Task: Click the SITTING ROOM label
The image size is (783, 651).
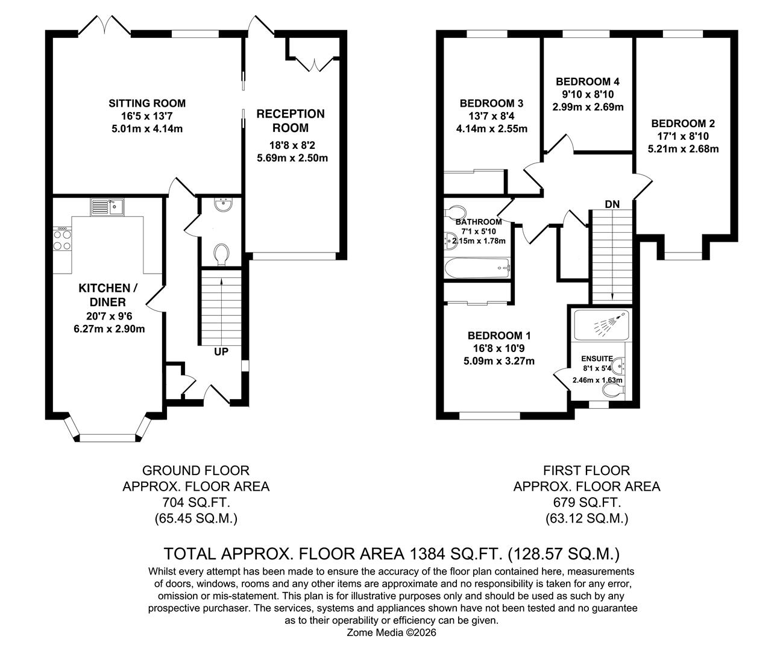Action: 147,103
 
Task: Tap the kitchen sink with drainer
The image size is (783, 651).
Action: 107,207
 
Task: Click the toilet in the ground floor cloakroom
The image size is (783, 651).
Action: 221,254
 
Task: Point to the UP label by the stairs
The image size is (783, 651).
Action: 221,351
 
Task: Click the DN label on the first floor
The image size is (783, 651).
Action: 612,204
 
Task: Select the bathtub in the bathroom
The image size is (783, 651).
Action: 477,268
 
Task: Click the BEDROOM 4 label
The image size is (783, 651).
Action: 588,81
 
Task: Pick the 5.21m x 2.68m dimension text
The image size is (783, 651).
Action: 684,149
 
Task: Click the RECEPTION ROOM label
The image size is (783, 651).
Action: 291,121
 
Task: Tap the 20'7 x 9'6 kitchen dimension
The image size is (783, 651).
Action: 109,316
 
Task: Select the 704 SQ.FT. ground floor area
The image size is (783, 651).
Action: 196,502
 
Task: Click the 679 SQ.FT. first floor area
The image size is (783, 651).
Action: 587,502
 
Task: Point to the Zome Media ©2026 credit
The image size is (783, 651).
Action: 392,633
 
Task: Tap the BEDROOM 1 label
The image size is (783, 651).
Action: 499,335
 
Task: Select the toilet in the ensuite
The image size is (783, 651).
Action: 614,391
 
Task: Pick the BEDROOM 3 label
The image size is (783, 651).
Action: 492,103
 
